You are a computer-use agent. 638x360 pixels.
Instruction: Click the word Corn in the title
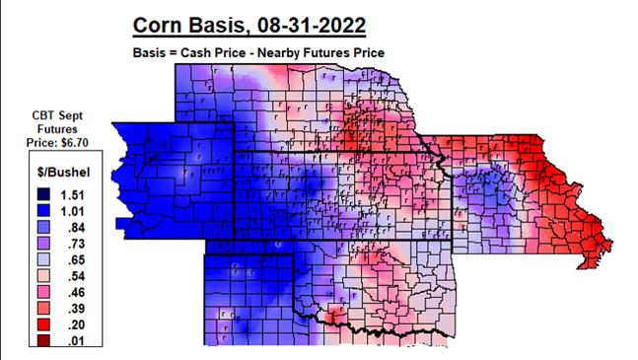click(x=164, y=23)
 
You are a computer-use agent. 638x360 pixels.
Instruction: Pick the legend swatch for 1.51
click(x=34, y=193)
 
